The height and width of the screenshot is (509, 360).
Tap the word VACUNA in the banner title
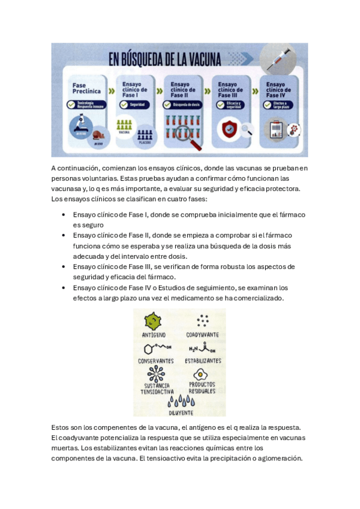pyautogui.click(x=201, y=59)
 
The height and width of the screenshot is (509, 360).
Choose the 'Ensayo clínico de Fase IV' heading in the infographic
pyautogui.click(x=278, y=89)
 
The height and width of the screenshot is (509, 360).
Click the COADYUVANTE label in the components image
pyautogui.click(x=202, y=335)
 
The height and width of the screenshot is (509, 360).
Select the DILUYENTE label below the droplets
pyautogui.click(x=179, y=413)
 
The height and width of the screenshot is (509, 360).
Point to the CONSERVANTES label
pyautogui.click(x=156, y=361)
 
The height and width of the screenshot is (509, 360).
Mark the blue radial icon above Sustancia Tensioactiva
pyautogui.click(x=156, y=373)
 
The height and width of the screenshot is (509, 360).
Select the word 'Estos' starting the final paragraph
pyautogui.click(x=61, y=427)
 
